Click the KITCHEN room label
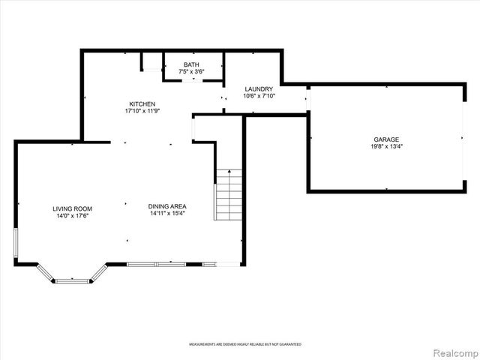[x=142, y=103]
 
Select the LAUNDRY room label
[x=259, y=89]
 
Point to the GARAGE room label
[x=386, y=139]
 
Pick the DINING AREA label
[x=166, y=206]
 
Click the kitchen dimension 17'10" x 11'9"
[x=142, y=111]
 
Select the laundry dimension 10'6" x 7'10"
[x=259, y=96]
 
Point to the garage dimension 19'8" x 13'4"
[x=386, y=146]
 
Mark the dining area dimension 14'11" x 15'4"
[x=166, y=214]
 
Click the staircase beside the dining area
[x=229, y=195]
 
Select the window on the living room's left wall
[x=16, y=244]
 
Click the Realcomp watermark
[x=454, y=351]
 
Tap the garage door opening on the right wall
[x=463, y=139]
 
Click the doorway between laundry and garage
[x=307, y=98]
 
